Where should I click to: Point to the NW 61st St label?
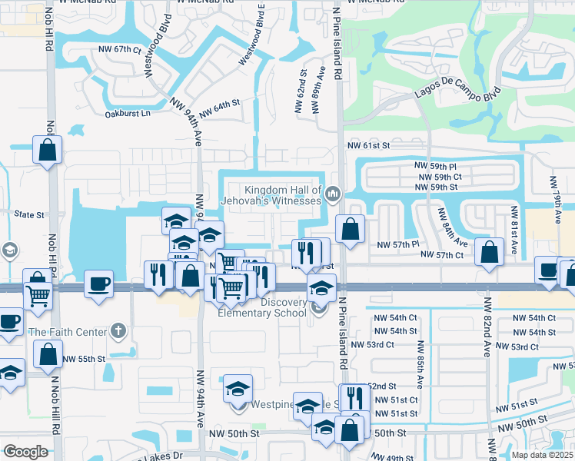369,145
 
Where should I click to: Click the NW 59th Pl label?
434,166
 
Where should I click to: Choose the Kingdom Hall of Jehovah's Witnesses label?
282,195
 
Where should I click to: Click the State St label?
28,215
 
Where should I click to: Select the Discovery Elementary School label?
262,307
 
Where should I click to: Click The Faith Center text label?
65,332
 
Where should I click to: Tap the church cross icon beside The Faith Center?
117,331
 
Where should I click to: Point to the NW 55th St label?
84,359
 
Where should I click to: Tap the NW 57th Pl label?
397,244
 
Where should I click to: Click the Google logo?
25,452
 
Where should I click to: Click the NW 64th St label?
220,108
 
